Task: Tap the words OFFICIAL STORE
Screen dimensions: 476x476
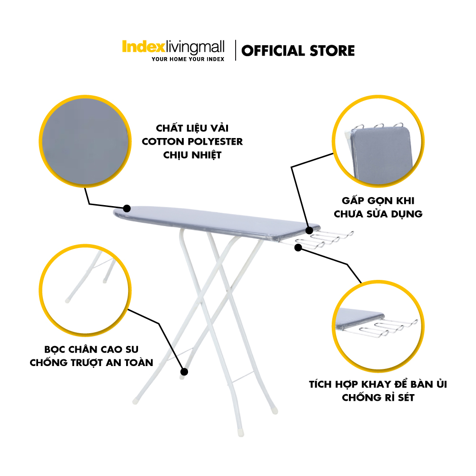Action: tap(298, 51)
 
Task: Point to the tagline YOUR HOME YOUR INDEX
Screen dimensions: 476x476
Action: tap(188, 59)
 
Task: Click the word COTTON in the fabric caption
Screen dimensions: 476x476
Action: tap(163, 141)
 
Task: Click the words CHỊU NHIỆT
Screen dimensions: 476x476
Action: tap(192, 155)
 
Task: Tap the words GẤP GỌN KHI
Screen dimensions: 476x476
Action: tap(378, 201)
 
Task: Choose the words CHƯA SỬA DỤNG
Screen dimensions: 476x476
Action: tap(378, 214)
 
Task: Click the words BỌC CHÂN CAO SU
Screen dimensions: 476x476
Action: tap(91, 349)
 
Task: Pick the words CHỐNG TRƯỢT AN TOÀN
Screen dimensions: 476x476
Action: tap(91, 362)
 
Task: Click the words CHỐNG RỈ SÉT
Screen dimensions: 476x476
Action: tap(378, 397)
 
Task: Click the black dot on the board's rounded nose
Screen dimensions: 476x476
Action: tap(127, 208)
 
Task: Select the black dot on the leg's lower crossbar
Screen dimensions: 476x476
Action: tap(184, 372)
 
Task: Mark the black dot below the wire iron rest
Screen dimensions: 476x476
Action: tap(298, 248)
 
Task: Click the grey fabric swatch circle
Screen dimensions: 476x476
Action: tap(85, 141)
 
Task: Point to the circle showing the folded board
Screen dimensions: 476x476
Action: tap(378, 141)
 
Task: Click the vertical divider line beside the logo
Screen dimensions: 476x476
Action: tap(236, 50)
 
